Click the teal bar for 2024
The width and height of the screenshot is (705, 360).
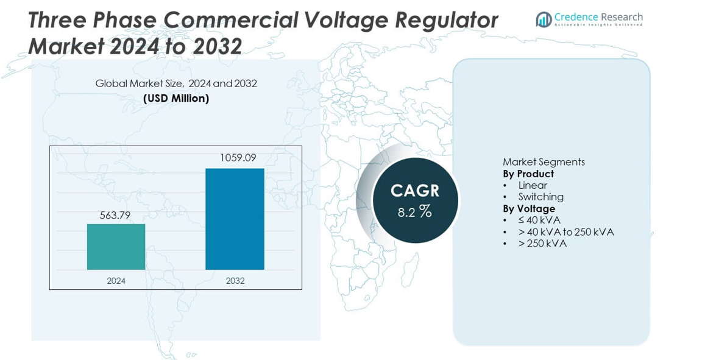[x=116, y=247]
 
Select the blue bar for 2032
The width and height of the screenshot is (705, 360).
[x=235, y=219]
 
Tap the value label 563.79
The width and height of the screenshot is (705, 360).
[x=115, y=215]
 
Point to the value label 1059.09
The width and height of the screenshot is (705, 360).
[x=238, y=158]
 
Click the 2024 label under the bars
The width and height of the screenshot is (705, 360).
[x=116, y=281]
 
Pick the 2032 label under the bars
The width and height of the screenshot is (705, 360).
[x=235, y=281]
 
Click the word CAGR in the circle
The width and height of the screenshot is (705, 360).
[x=414, y=191]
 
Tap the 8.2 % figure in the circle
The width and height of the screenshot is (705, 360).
[x=414, y=212]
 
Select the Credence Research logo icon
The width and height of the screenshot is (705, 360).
[x=543, y=19]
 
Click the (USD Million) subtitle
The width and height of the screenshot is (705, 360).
[x=176, y=98]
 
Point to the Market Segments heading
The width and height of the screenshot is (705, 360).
[x=544, y=162]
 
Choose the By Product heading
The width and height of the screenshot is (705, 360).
[x=528, y=174]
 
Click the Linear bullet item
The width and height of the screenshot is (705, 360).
[x=533, y=185]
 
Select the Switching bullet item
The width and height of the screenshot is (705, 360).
[x=540, y=197]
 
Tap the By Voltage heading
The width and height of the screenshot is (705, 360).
[x=529, y=208]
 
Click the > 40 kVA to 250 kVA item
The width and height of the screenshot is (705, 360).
[x=566, y=232]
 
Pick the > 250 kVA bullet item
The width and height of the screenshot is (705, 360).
[x=542, y=244]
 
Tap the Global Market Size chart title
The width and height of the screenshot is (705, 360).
[x=176, y=83]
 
